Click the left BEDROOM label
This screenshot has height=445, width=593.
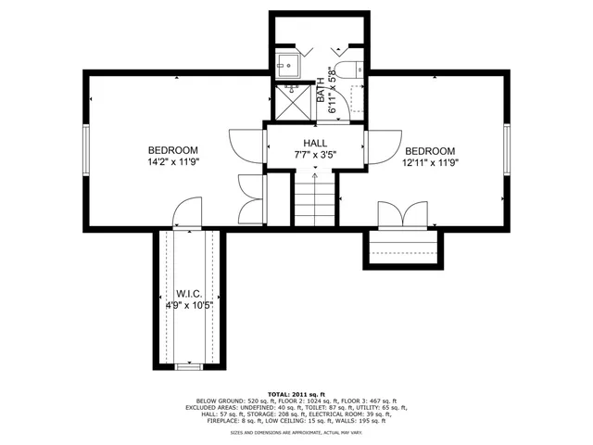pos(173,150)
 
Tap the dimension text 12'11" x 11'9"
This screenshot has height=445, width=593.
pos(430,162)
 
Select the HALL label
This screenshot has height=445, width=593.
pos(315,143)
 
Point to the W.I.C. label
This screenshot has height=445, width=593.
pos(189,293)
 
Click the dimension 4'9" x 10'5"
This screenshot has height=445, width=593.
pos(189,305)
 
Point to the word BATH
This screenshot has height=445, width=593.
pos(322,89)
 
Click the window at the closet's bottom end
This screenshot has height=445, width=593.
pos(188,367)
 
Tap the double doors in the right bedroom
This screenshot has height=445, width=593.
pos(402,214)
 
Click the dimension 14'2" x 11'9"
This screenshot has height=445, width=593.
pos(173,162)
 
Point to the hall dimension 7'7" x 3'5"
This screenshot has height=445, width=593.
pos(315,155)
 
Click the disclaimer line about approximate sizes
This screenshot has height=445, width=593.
pos(296,432)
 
